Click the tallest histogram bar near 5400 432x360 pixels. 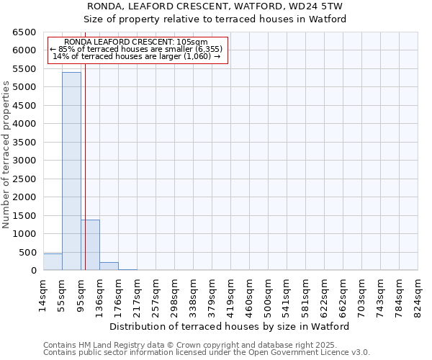click(x=71, y=171)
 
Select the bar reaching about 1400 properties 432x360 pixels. click(x=90, y=245)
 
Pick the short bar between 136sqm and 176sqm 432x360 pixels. click(x=109, y=266)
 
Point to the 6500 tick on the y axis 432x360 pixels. click(x=24, y=32)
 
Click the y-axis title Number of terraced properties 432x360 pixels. click(x=7, y=155)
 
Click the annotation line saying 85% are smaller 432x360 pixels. click(x=137, y=49)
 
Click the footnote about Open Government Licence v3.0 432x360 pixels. click(x=207, y=353)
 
